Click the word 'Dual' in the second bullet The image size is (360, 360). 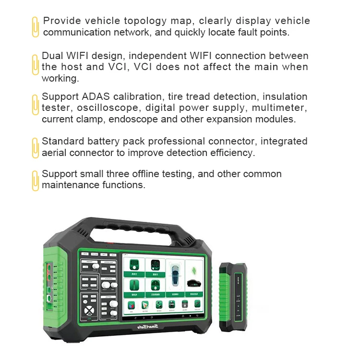tap(52, 56)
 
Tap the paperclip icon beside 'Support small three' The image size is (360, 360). tap(35, 180)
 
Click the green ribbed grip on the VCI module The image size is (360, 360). tap(226, 298)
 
